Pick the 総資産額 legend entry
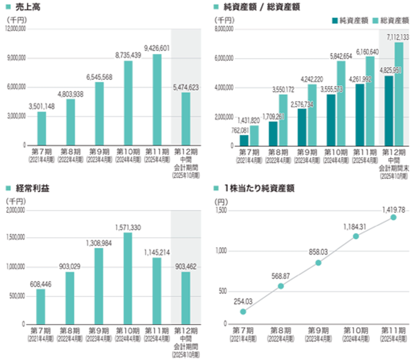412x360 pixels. coord(394,20)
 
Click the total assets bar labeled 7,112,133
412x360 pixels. coord(399,94)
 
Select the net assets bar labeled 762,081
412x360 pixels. coord(244,140)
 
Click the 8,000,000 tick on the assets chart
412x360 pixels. coord(224,29)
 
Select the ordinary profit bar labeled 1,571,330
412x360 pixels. coord(128,278)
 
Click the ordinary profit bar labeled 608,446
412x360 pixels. coord(41,307)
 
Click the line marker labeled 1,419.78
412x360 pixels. coord(393,217)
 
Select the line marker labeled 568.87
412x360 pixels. coord(280,286)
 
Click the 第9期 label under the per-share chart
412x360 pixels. coord(318,330)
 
